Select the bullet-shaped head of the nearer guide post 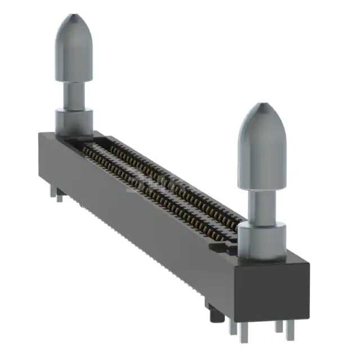coord(262,146)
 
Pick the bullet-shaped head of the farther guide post coord(74,51)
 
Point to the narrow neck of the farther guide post coord(74,97)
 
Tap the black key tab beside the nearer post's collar coord(219,246)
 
